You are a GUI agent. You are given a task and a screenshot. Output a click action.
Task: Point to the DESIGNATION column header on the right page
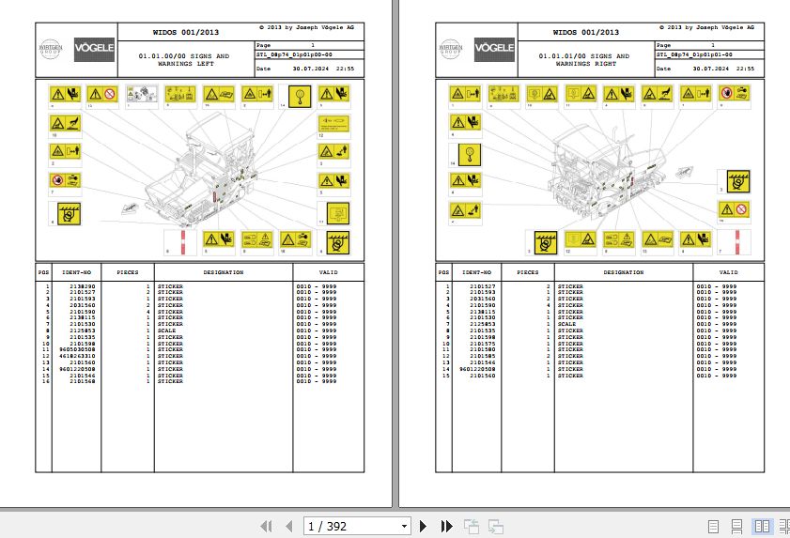[624, 273]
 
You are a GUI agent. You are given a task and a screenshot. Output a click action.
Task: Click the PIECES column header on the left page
[127, 273]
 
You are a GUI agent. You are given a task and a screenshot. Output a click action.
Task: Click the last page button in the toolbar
[447, 526]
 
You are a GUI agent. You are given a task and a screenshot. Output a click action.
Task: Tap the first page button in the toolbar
[266, 526]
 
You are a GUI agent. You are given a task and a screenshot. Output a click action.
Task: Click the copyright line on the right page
[707, 28]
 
